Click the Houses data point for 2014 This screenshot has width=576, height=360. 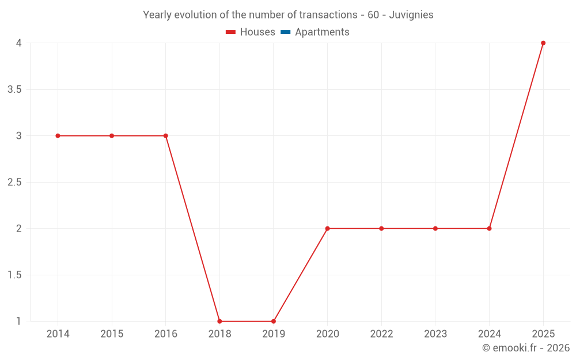point(58,136)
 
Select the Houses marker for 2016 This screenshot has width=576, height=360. point(165,136)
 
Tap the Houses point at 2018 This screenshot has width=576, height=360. point(219,321)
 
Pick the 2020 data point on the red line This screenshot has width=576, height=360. point(327,229)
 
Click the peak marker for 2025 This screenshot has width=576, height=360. point(543,43)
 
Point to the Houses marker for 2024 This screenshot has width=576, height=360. point(489,229)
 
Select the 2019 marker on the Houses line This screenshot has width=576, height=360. point(274,321)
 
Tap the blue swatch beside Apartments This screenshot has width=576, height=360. point(285,32)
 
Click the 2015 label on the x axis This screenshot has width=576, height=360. point(112,334)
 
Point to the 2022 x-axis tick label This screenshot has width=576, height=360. point(381,334)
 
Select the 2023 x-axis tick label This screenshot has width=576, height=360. point(435,334)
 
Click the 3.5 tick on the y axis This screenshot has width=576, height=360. point(14,90)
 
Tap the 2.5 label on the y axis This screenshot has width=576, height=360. point(14,183)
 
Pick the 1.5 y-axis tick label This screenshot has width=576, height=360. point(14,275)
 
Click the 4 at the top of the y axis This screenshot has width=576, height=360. point(18,43)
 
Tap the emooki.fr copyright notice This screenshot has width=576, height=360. point(525,348)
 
